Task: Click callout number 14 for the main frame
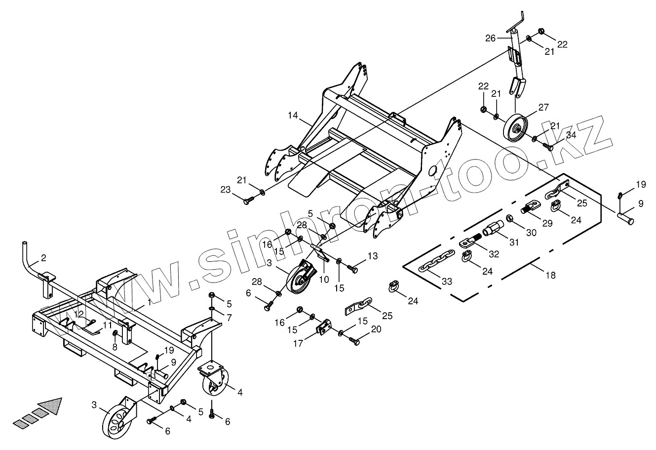293,116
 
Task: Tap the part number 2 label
43,258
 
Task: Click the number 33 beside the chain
446,282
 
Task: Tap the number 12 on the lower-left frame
79,314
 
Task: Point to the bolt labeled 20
351,341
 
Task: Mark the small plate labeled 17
324,328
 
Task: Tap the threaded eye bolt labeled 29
528,210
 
